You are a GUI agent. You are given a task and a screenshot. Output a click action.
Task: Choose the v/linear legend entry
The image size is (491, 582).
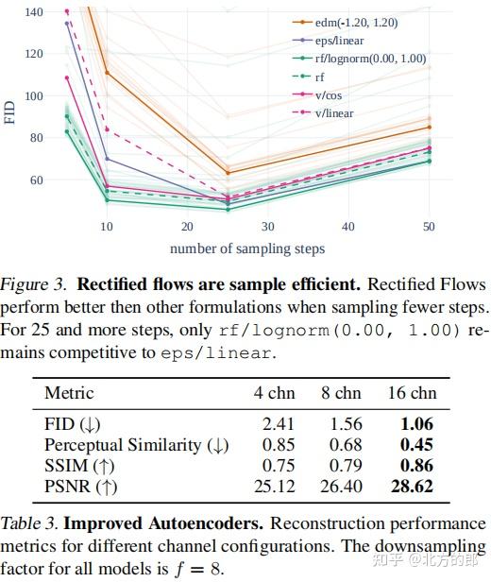339,111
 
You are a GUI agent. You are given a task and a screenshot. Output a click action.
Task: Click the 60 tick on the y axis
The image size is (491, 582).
37,180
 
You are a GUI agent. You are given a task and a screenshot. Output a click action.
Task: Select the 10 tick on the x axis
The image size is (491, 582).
107,227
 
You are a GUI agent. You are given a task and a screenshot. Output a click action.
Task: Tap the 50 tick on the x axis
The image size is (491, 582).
430,227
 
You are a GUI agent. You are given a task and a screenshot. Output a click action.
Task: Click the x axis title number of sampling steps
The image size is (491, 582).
247,248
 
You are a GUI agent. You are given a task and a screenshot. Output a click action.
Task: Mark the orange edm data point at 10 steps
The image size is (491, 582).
107,73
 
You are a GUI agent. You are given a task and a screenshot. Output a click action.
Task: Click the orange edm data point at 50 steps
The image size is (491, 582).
430,127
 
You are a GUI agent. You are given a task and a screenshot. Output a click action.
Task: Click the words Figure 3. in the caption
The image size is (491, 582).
35,284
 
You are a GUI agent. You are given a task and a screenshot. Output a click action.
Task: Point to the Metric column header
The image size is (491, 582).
69,393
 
